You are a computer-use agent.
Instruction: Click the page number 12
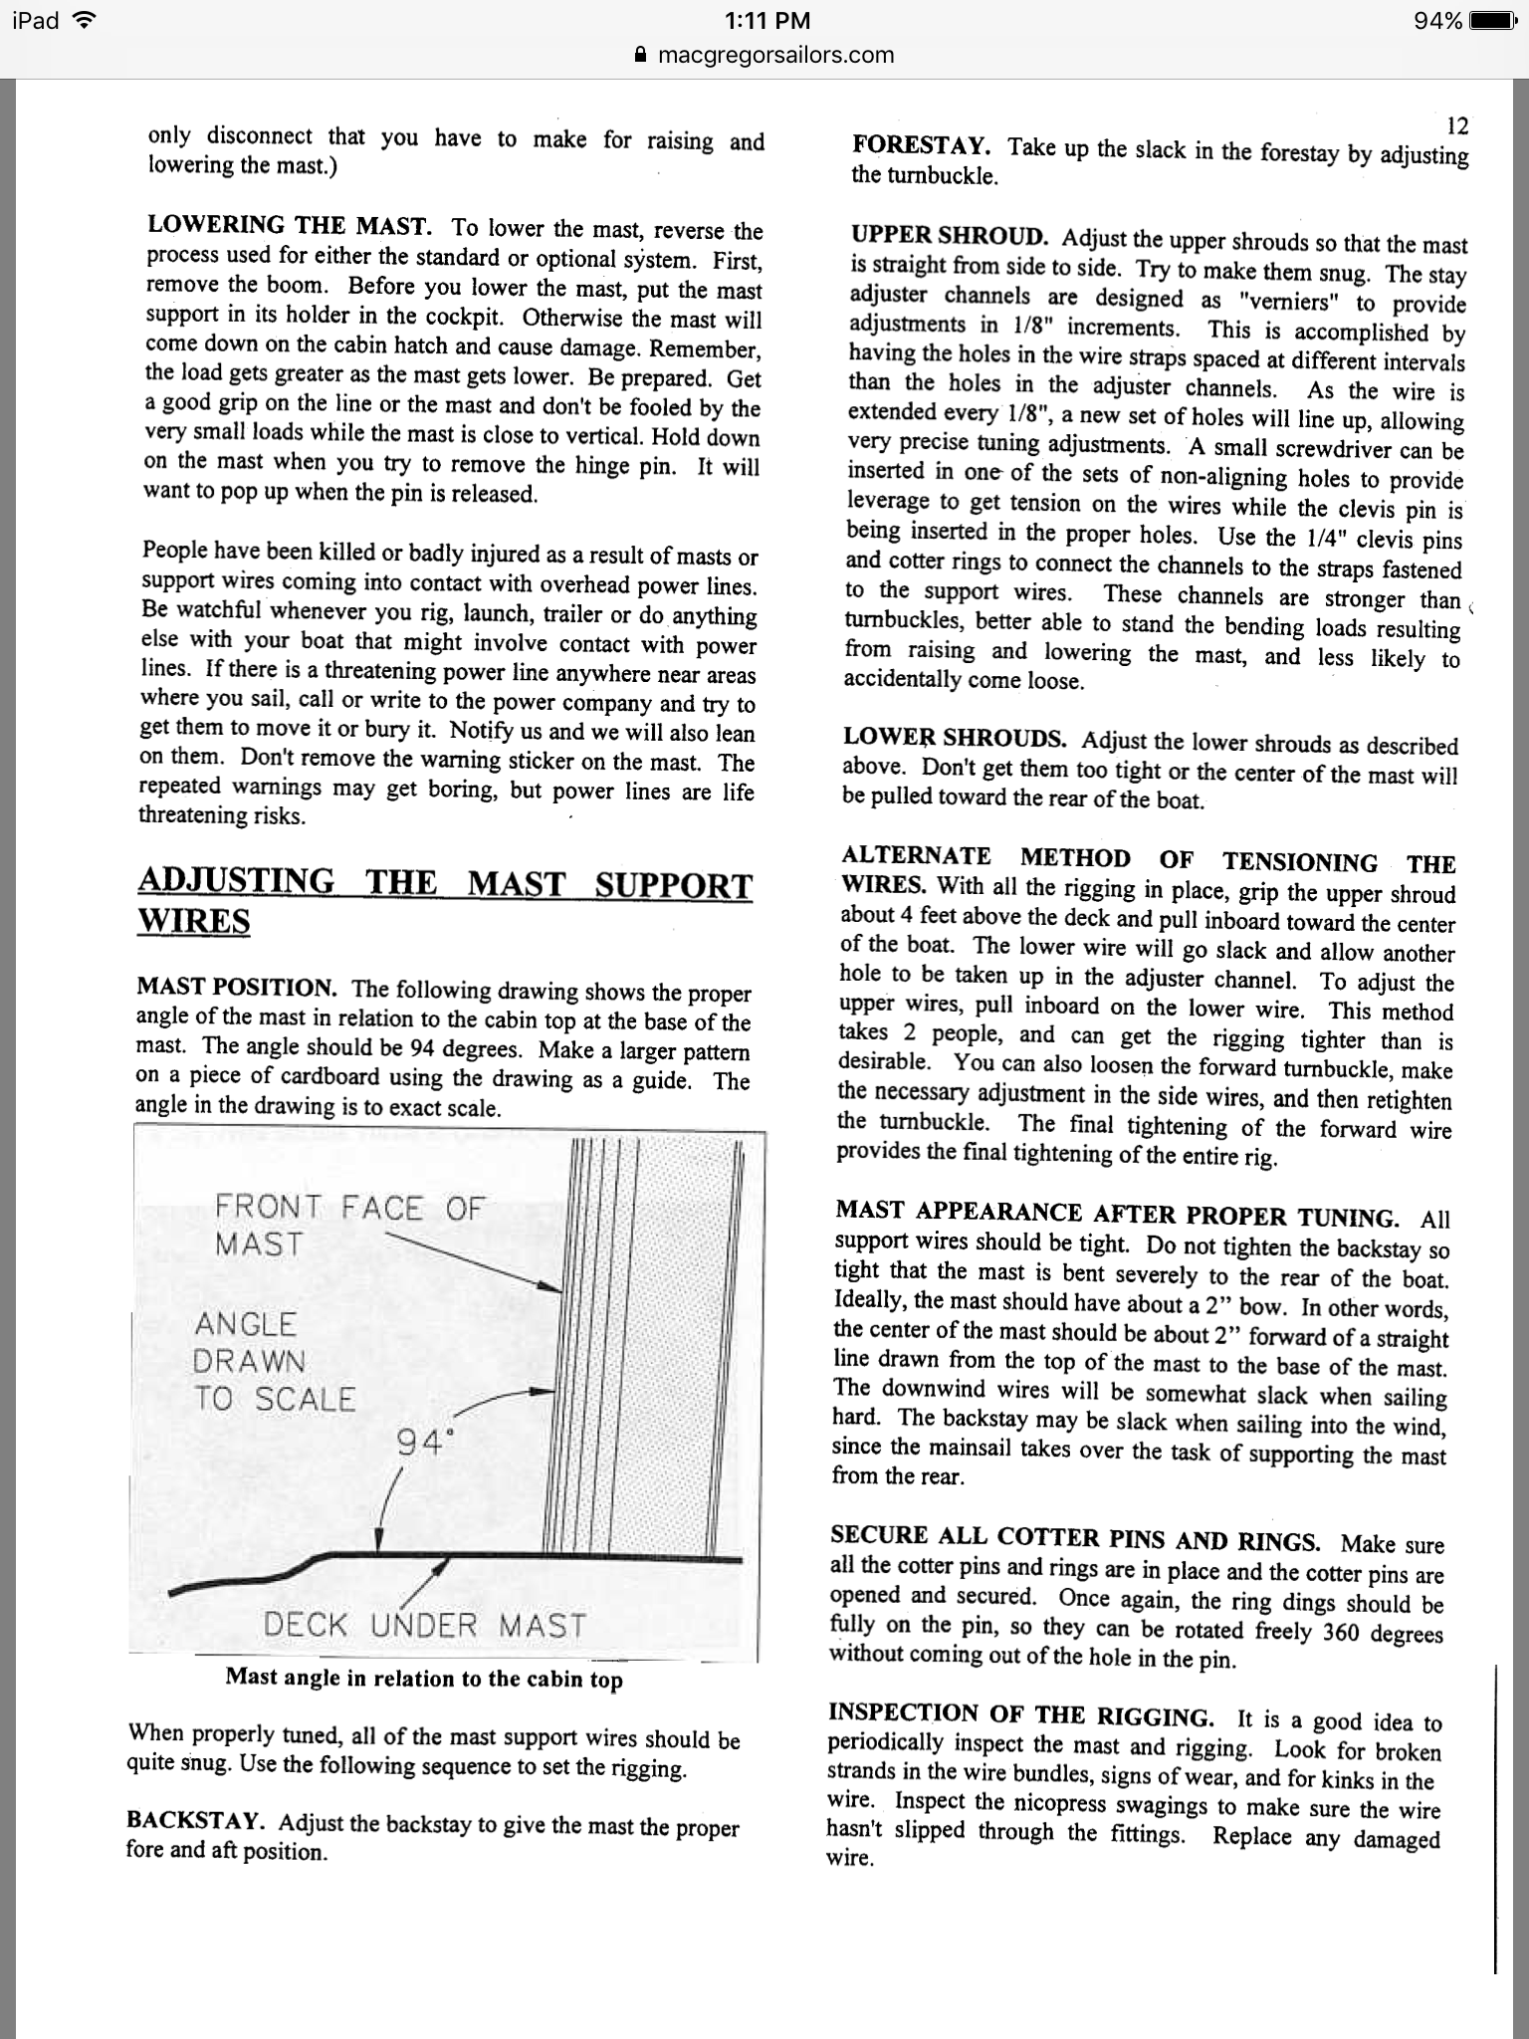[1456, 125]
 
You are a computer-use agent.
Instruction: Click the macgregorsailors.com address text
[776, 55]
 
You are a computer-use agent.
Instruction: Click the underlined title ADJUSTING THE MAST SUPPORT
[445, 884]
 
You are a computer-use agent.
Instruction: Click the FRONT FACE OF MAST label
[348, 1226]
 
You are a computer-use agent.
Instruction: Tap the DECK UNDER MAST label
[424, 1626]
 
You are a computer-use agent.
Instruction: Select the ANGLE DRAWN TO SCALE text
[274, 1361]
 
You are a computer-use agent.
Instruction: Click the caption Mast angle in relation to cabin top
[424, 1679]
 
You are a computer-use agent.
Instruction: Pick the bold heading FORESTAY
[921, 145]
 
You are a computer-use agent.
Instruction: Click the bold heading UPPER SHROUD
[949, 237]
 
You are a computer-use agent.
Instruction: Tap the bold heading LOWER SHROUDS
[955, 738]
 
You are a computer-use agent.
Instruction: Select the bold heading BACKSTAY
[195, 1821]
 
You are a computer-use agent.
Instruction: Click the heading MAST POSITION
[237, 988]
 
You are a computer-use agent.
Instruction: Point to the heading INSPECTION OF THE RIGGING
[1020, 1714]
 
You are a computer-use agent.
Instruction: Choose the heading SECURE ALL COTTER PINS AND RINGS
[1075, 1538]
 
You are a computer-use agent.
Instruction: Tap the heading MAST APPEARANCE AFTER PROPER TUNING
[1117, 1213]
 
